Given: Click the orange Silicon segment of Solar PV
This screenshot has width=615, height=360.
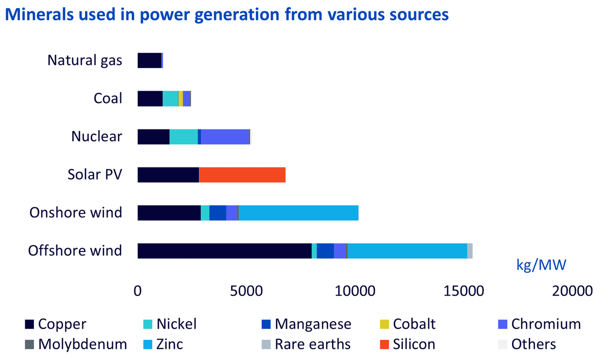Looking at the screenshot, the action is (242, 175).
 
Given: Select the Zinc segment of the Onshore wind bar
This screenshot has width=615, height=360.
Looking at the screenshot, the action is (299, 213).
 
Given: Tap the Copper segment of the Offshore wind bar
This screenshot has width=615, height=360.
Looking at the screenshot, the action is (224, 251).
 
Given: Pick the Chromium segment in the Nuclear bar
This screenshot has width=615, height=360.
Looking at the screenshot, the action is (225, 137).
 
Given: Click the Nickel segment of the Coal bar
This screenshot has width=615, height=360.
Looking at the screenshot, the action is (170, 99).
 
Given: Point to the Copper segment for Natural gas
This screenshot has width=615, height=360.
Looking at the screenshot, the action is (150, 60).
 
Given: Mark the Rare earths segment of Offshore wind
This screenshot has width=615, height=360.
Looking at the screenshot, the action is (470, 251).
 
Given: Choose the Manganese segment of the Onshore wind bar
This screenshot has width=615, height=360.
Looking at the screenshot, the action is (218, 213).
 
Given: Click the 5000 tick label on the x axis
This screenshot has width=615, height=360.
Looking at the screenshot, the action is (247, 291).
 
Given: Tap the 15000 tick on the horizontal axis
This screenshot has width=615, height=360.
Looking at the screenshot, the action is (464, 291).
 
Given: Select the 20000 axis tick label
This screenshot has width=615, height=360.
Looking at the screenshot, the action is (572, 291).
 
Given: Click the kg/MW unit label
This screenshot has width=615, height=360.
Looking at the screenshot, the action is (541, 265).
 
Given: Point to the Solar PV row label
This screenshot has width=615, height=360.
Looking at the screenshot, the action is (95, 175).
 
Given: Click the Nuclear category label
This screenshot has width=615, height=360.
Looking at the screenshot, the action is (97, 136).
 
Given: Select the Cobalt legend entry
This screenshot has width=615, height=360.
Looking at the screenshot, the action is (408, 324).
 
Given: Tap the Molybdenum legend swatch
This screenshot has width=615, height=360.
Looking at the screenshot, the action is (29, 344).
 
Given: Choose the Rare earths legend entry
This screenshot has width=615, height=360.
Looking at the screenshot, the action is (306, 344).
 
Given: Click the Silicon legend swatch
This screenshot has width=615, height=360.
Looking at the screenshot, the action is (384, 344).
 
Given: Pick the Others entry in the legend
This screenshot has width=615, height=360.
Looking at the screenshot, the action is (527, 344).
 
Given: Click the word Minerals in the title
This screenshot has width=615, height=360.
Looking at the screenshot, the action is (39, 14).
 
